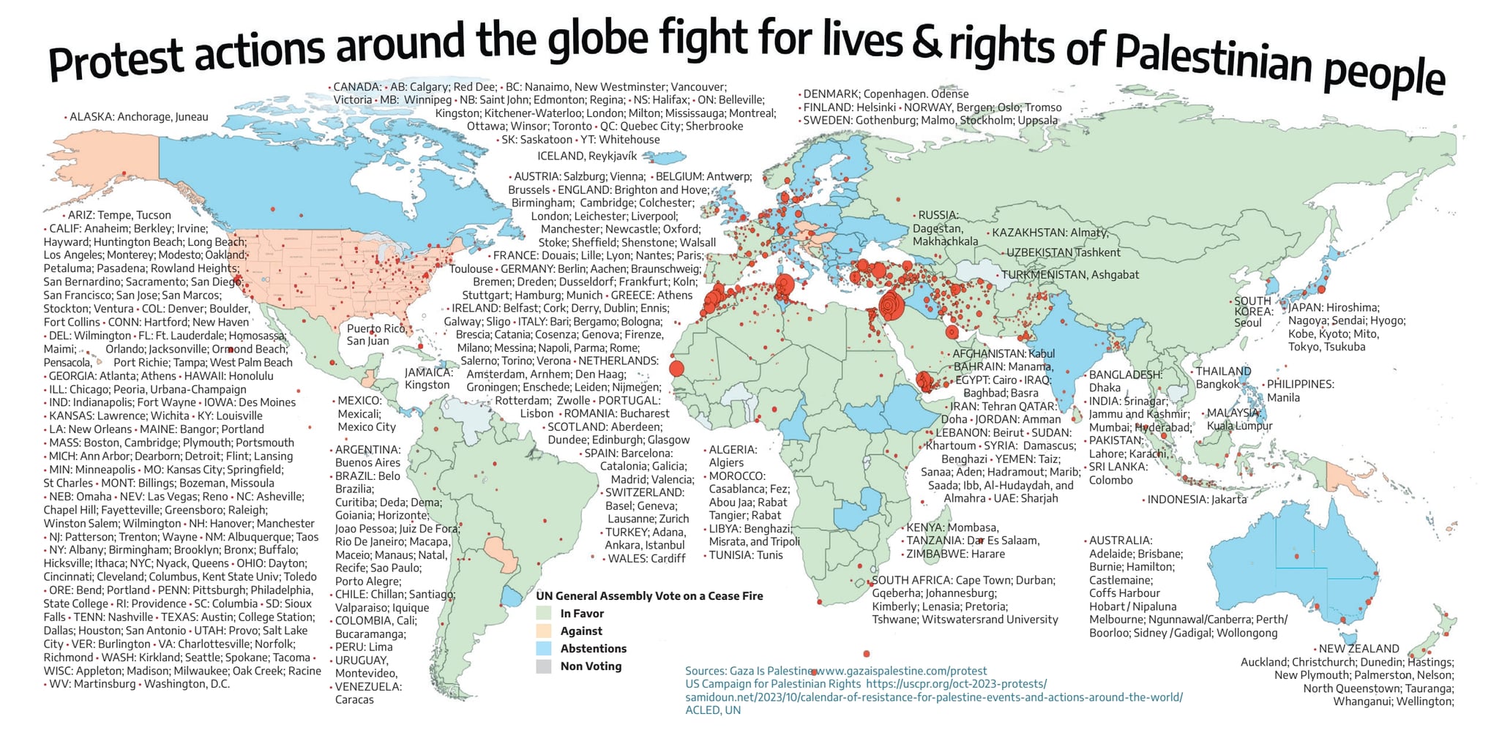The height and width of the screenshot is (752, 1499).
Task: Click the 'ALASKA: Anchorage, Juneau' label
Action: click(x=138, y=117)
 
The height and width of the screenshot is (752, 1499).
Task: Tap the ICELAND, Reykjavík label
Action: click(x=587, y=156)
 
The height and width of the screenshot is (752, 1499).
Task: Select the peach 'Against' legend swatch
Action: click(x=543, y=631)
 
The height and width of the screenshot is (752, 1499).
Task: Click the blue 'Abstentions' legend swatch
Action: click(x=543, y=648)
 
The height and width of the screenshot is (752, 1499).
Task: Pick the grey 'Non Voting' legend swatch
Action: click(x=543, y=666)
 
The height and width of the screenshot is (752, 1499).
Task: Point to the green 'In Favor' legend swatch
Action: click(x=543, y=613)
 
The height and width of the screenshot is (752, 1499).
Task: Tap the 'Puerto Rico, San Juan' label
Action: click(x=375, y=335)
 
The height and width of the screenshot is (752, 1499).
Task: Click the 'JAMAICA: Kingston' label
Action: click(x=428, y=378)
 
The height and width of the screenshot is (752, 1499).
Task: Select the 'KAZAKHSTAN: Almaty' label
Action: click(x=1050, y=233)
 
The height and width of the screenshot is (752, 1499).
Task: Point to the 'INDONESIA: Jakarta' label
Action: click(x=1196, y=500)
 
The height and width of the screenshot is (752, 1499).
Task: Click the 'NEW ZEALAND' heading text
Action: click(x=1358, y=648)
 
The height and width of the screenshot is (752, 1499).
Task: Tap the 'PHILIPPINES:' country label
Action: click(x=1300, y=384)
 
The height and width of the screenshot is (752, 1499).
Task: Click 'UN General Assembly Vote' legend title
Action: click(x=649, y=595)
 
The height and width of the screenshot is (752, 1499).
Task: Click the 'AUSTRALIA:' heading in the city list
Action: click(x=1120, y=541)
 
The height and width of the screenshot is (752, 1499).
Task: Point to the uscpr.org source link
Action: click(x=956, y=684)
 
